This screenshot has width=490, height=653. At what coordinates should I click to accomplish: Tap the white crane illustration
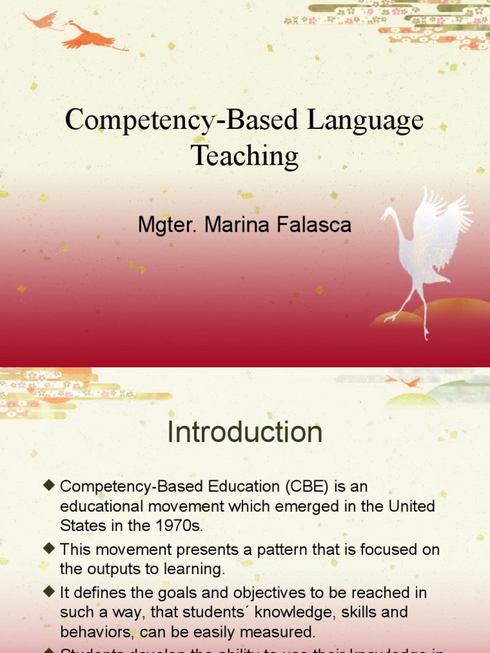(x=424, y=255)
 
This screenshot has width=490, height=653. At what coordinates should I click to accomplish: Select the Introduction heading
(x=245, y=433)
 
